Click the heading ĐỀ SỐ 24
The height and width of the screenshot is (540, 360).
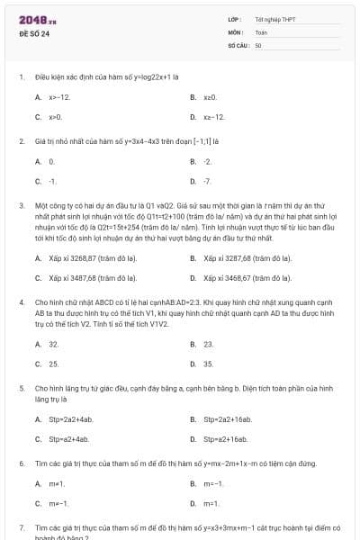[34, 33]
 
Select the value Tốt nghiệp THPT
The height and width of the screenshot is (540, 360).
[274, 19]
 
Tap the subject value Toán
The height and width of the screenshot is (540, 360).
[261, 31]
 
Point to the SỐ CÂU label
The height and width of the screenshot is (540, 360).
[238, 44]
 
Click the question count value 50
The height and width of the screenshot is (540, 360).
[258, 44]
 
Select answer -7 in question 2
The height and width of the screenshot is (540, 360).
[208, 181]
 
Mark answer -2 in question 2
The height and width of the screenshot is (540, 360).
[208, 161]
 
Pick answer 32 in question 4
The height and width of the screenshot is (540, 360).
[54, 344]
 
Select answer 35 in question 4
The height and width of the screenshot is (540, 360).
[209, 364]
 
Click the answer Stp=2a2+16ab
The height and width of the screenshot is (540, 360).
[228, 418]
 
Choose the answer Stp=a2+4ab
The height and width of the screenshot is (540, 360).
[68, 438]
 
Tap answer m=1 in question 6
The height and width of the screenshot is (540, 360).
[211, 503]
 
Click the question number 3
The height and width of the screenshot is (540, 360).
[22, 205]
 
